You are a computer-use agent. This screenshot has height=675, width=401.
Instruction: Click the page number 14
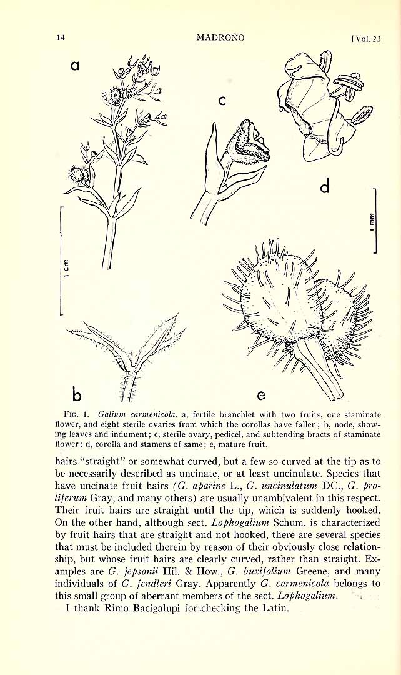click(61, 37)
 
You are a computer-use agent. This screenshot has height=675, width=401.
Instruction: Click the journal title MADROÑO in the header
click(220, 37)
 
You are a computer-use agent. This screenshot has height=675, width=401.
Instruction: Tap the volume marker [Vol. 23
click(366, 38)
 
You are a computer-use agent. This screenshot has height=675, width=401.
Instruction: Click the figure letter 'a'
click(76, 65)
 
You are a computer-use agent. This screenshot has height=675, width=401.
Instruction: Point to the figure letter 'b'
click(77, 394)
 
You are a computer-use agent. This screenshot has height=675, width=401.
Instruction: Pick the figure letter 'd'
click(324, 187)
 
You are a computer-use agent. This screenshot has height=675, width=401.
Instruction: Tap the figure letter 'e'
click(261, 395)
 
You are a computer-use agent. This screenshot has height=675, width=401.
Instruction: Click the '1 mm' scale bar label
click(371, 220)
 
